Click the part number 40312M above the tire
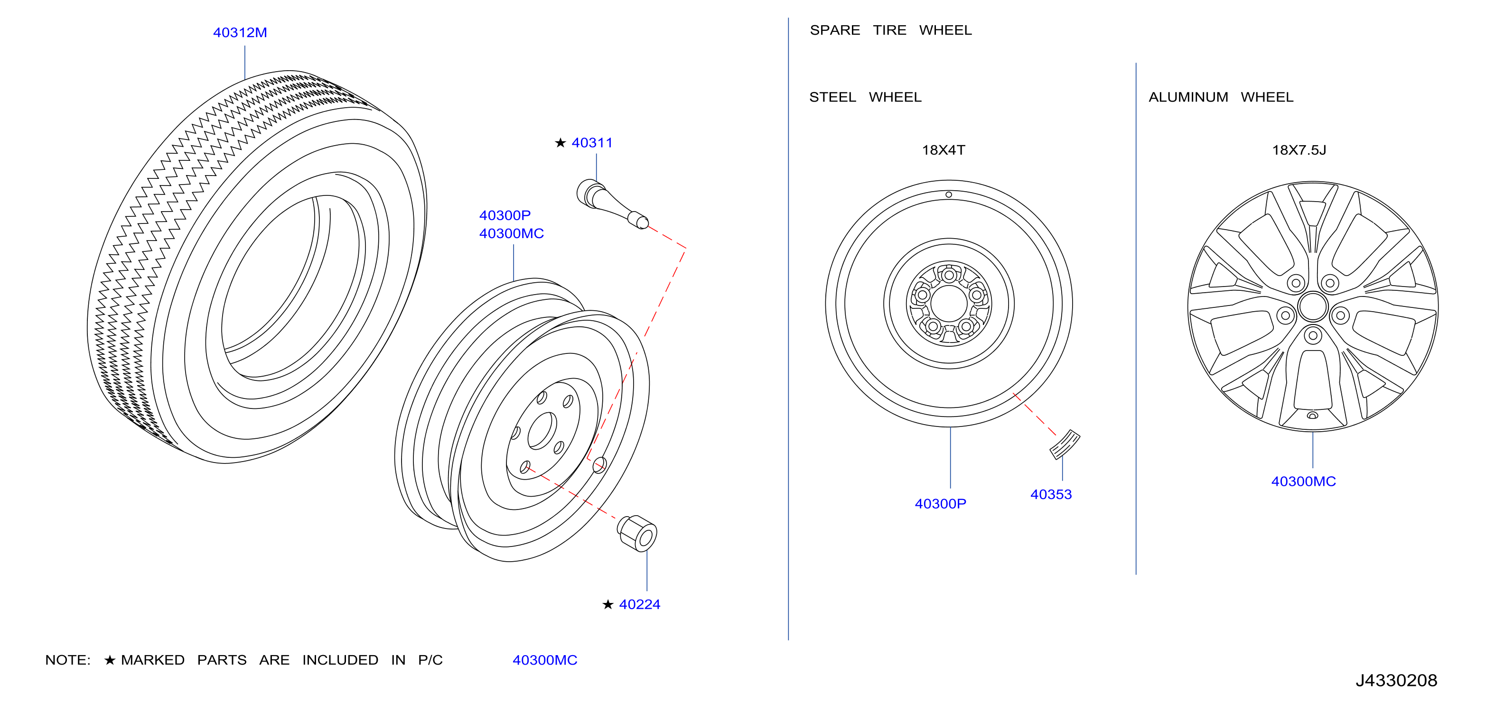(240, 32)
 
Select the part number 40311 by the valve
(592, 143)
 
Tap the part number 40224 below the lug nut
(640, 604)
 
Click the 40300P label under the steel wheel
(940, 503)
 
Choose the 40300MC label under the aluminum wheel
(1303, 482)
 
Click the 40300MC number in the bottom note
(545, 660)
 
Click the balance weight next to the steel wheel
(1065, 444)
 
